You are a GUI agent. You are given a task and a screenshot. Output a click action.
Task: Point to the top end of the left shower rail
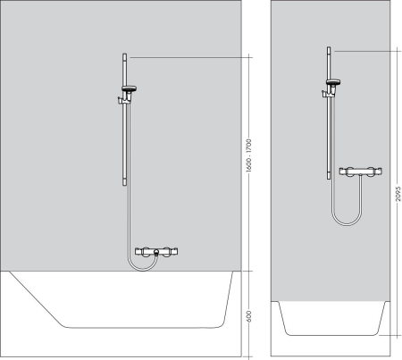(122, 56)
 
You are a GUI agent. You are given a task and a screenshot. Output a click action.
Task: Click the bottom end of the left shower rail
(122, 182)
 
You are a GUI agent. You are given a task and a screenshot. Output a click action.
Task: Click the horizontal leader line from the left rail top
(188, 56)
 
